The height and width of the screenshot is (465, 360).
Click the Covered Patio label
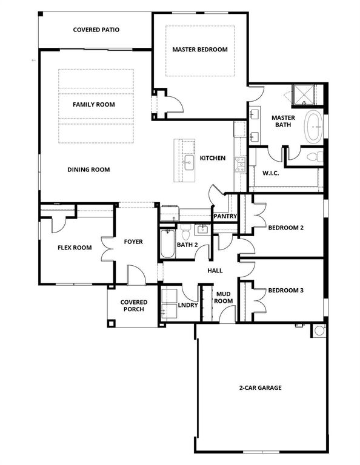(x=96, y=30)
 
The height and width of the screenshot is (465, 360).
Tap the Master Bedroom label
(x=199, y=50)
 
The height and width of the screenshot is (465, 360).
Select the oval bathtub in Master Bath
(x=313, y=126)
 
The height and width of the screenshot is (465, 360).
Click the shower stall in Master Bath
(x=305, y=95)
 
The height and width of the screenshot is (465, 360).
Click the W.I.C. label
(x=270, y=173)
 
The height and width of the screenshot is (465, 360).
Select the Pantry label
(x=224, y=216)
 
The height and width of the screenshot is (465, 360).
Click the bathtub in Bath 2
(x=167, y=245)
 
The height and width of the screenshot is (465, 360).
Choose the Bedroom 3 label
(x=285, y=290)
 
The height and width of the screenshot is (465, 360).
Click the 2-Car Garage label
(x=261, y=387)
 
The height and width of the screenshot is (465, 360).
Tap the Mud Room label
(x=224, y=297)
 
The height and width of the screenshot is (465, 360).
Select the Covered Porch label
(x=133, y=306)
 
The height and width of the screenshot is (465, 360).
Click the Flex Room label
(x=75, y=247)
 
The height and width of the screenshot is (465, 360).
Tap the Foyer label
(x=133, y=242)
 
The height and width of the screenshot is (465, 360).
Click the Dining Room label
(x=88, y=170)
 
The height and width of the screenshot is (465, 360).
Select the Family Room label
(x=94, y=104)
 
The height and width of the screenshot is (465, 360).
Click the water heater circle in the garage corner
(x=319, y=331)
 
